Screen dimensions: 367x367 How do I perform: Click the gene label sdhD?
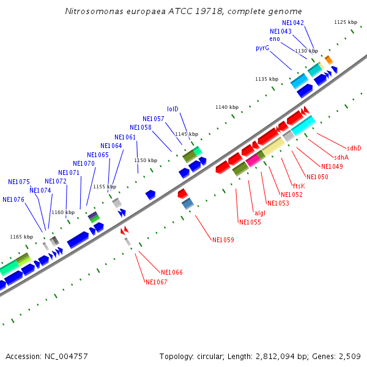pos(354,148)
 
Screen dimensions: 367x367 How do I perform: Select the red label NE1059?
pos(223,240)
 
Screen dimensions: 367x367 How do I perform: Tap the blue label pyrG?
pos(262,48)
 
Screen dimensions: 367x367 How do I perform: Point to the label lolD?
pos(173,109)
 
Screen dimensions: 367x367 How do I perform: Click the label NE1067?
pos(156,282)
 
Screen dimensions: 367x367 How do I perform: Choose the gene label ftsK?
pos(298,186)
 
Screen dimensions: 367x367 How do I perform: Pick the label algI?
pos(260,213)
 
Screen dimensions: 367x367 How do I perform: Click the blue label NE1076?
pos(13,199)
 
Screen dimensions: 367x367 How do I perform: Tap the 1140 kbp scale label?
pos(226,107)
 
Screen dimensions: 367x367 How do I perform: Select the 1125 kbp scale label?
pos(346,22)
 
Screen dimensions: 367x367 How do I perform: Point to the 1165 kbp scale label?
pos(21,237)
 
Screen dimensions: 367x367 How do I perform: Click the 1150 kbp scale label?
pos(146,160)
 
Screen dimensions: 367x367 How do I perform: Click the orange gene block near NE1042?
pos(329,59)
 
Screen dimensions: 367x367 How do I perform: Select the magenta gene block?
pos(253,160)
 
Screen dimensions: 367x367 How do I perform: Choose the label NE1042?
pos(293,23)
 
